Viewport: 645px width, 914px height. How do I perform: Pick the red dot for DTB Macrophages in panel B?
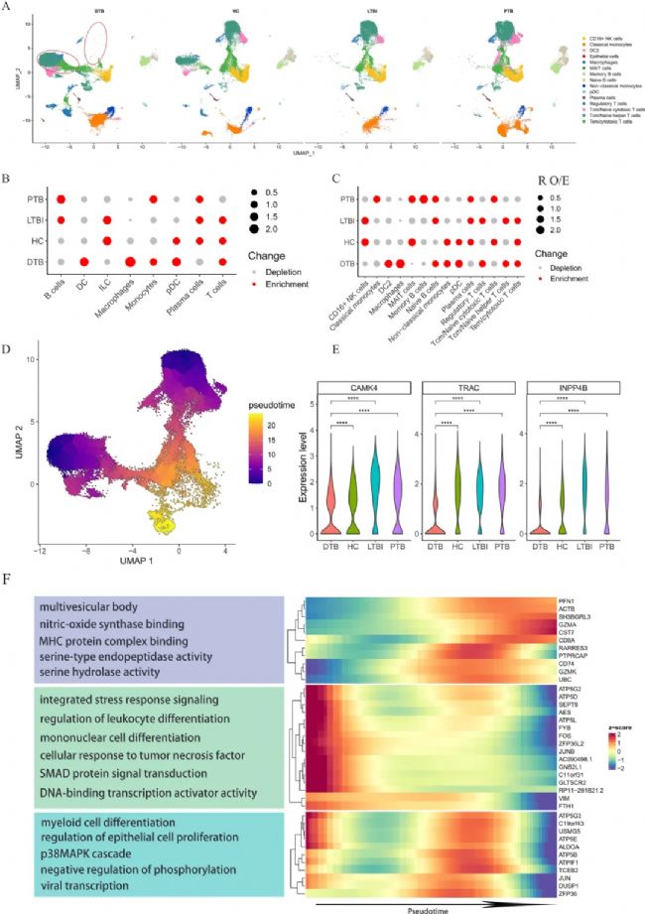click(x=131, y=262)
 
